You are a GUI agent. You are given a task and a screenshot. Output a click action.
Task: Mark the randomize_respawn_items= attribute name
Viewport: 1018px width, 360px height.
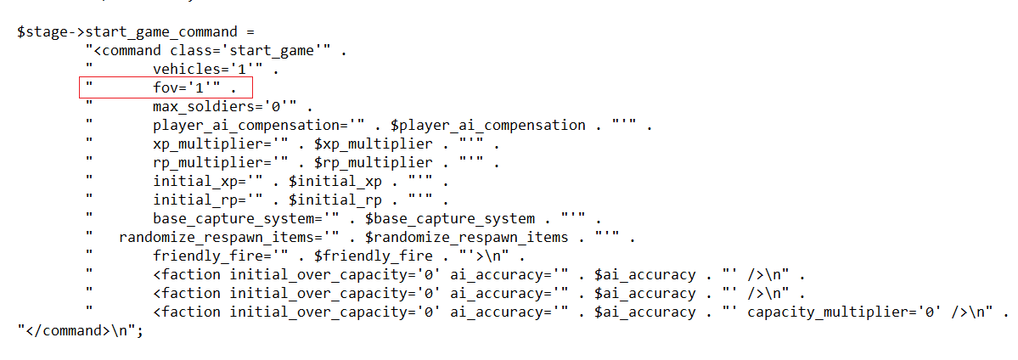tap(222, 238)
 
